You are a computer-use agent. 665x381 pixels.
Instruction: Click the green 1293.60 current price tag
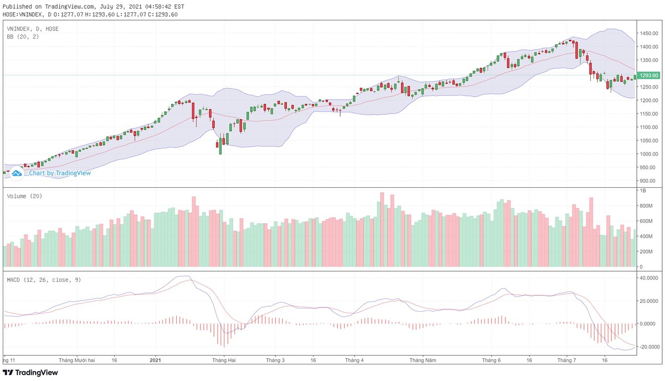[648, 75]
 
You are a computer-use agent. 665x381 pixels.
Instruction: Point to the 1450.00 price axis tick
[648, 34]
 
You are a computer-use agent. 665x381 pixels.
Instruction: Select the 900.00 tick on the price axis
[647, 181]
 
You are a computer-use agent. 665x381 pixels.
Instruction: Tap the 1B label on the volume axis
[643, 190]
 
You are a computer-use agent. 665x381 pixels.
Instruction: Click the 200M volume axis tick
[645, 251]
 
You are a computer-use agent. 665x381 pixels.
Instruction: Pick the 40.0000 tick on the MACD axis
[648, 278]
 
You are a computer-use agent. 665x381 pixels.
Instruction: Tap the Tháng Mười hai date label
[77, 360]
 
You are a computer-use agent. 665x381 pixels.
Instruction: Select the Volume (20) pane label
[24, 196]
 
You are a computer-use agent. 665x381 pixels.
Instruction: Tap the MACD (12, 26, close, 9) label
[44, 280]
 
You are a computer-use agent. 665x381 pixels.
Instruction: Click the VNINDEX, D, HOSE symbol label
[33, 29]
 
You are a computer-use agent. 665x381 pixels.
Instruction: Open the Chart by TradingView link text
[60, 173]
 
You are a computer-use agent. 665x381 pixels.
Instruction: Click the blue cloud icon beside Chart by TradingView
[17, 173]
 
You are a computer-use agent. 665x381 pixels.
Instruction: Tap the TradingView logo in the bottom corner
[30, 373]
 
